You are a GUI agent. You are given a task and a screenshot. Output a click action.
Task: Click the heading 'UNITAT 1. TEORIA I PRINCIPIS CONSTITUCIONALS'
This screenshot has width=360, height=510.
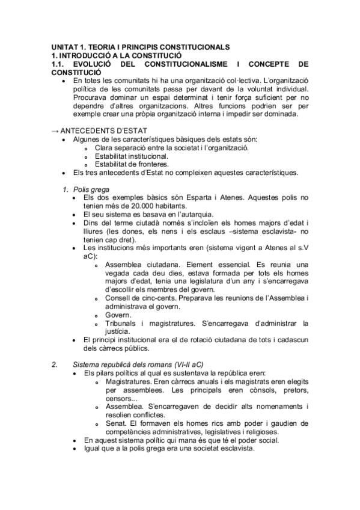point(139,47)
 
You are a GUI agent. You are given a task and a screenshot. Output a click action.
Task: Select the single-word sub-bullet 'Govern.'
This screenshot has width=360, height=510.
point(118,315)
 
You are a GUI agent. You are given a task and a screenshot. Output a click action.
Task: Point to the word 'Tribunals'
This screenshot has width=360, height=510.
point(123,323)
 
